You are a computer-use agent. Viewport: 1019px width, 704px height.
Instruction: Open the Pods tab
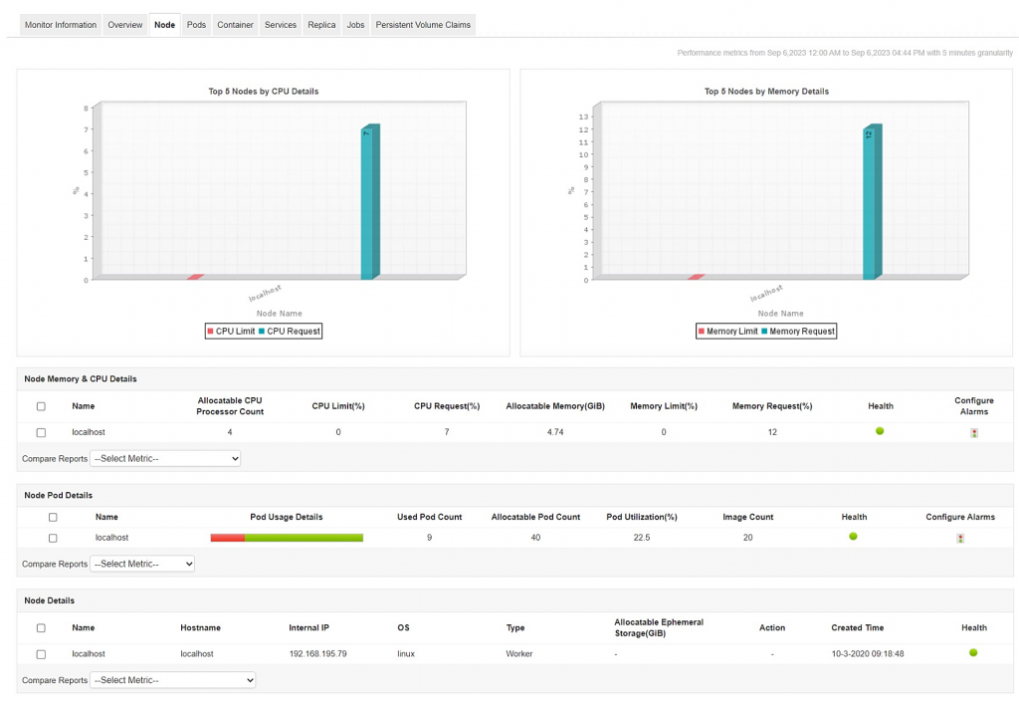196,25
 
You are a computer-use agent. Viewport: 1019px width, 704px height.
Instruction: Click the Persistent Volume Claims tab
423,25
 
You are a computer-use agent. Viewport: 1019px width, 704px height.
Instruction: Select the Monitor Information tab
61,25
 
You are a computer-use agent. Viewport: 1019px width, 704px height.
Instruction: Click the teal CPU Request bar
369,204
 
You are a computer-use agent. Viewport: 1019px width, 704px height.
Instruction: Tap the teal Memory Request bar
872,204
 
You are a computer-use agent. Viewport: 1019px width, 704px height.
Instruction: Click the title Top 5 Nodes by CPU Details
264,92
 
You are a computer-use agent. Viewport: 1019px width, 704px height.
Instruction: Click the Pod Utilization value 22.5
642,538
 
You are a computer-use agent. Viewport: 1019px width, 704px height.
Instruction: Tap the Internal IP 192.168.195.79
318,654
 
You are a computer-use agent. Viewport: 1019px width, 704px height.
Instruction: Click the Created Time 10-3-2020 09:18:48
868,654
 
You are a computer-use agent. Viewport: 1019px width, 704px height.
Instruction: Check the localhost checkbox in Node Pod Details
53,538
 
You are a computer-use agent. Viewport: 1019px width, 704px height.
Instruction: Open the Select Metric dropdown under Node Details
173,680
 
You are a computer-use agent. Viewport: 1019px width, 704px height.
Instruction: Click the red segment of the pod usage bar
227,538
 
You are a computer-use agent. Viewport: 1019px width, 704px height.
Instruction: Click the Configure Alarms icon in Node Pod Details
960,539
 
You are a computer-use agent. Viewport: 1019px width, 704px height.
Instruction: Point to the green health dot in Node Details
973,653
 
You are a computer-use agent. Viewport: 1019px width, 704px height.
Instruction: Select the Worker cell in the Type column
519,654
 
